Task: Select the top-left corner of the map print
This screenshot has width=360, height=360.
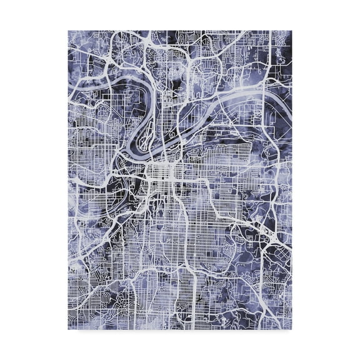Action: pyautogui.click(x=68, y=29)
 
